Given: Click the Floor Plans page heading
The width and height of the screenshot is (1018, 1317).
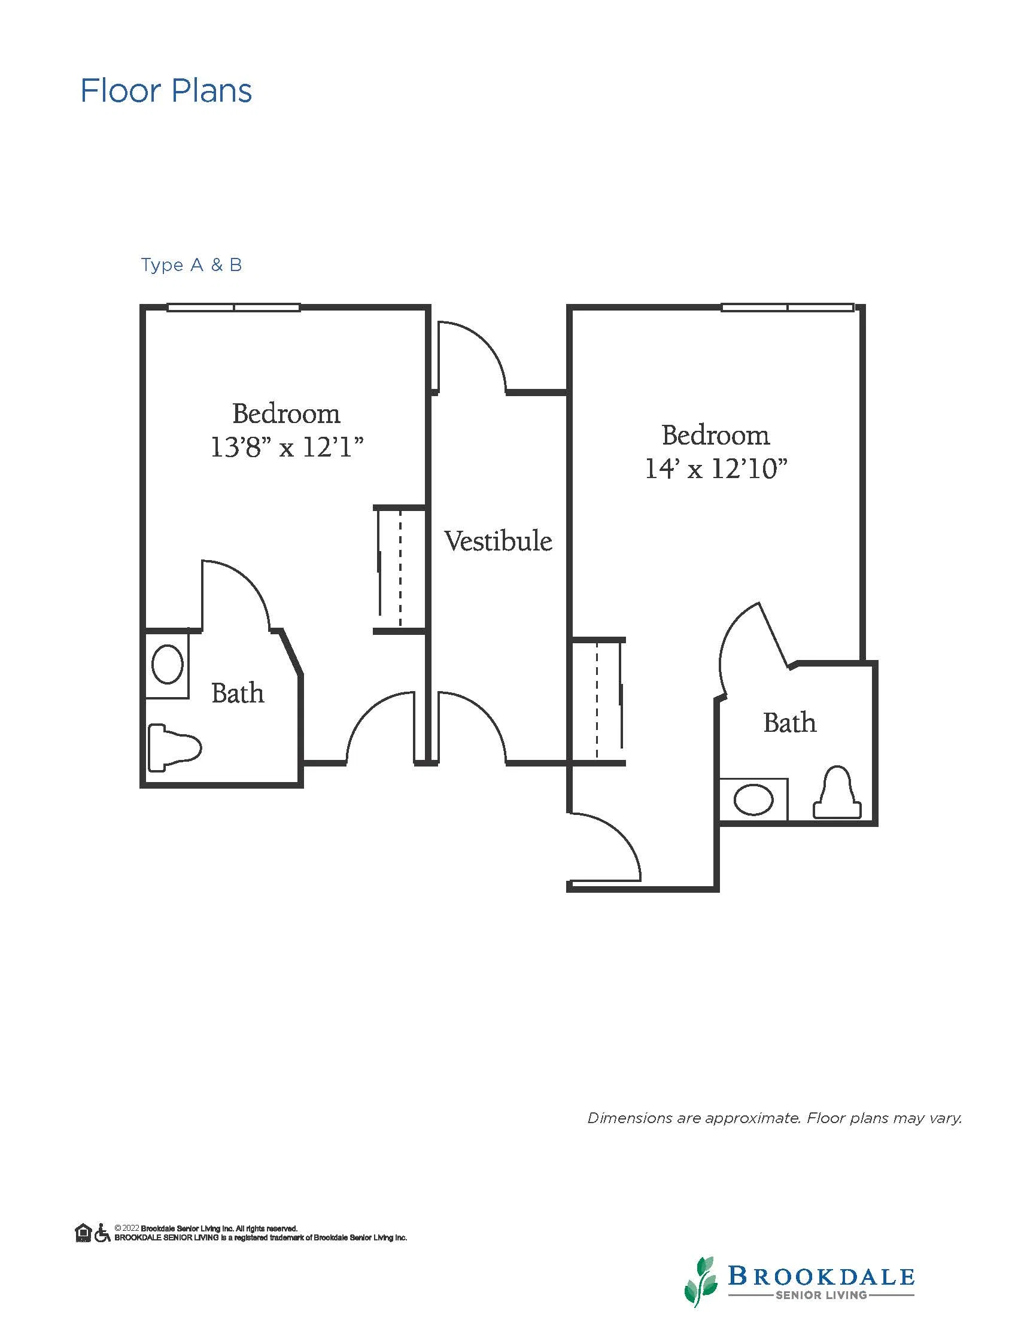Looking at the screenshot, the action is (x=166, y=91).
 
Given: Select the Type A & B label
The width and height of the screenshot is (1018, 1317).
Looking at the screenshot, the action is (x=192, y=264).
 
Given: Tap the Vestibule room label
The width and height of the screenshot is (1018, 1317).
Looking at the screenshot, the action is (x=498, y=541).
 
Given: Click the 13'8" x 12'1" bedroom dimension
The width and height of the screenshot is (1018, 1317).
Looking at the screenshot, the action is (x=287, y=448).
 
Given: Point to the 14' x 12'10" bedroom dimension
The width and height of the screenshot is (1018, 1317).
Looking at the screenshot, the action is (x=716, y=469).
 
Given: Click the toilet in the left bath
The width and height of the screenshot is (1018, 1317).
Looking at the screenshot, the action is (x=175, y=747).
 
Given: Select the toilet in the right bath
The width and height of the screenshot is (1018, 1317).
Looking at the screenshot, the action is (x=837, y=792).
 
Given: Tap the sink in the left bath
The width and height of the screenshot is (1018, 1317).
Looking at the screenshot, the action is (x=168, y=664).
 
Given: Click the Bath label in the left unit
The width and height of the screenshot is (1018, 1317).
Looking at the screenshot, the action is (x=238, y=694).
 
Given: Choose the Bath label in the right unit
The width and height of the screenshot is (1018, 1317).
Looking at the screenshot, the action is (x=790, y=722).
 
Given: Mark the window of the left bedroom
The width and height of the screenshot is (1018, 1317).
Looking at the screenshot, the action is (x=233, y=308).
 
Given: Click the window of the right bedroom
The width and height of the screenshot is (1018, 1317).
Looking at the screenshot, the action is (x=788, y=308).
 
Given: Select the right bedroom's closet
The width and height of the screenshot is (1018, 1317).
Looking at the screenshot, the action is (x=598, y=701).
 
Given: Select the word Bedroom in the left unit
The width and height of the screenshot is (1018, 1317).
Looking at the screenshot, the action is (x=287, y=413).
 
